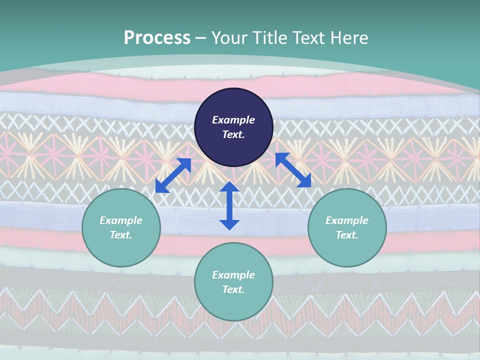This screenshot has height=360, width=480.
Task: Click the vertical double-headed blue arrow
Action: (229, 205)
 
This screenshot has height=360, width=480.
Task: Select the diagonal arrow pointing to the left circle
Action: (173, 175)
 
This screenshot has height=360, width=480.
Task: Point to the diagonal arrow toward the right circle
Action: (293, 170)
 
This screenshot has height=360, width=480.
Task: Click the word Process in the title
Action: (157, 37)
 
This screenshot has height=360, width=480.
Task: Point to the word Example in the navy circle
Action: (233, 120)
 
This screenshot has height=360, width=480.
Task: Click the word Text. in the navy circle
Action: (233, 134)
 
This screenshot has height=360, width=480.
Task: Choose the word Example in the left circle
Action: (121, 220)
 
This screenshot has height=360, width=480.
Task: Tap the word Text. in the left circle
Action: (121, 235)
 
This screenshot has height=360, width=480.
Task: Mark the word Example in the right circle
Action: (347, 220)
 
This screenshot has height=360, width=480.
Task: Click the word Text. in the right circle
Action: (347, 235)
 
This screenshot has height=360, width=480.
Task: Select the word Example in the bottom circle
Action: (233, 275)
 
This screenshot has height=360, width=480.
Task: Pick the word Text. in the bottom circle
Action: (233, 289)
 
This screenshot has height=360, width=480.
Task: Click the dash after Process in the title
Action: (201, 38)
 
